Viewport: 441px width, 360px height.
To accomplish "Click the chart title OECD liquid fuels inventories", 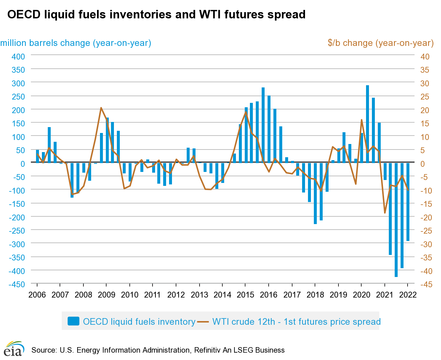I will click(156, 14).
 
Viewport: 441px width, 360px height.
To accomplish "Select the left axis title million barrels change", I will click(76, 43).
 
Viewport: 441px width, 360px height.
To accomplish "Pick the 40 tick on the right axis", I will click(425, 56).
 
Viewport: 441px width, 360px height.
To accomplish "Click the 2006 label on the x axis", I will click(37, 295).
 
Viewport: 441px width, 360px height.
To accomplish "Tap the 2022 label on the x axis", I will click(408, 295).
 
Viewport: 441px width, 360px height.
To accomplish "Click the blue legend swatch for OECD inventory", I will click(73, 321).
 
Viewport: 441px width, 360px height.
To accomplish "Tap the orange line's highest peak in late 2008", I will click(101, 108).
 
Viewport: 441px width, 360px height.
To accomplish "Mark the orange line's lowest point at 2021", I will click(385, 213).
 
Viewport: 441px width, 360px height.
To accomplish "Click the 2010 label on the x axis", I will click(129, 295).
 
